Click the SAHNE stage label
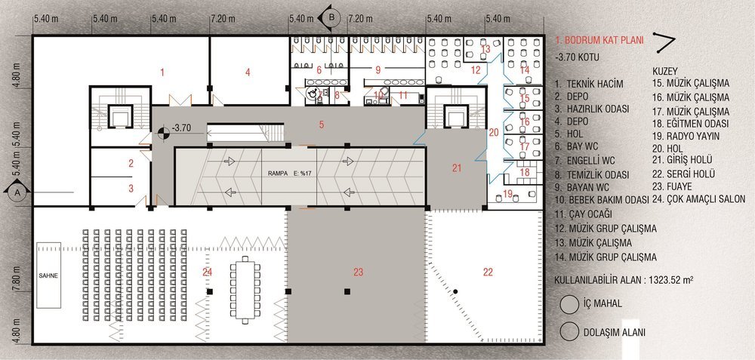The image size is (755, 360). tap(48, 275)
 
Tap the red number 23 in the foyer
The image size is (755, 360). tap(358, 272)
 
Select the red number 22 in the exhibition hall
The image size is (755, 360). tap(488, 272)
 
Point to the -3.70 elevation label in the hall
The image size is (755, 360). tap(182, 128)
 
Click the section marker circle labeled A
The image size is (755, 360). tap(18, 192)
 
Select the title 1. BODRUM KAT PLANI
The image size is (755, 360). tap(599, 41)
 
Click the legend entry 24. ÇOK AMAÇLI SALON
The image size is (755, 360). tap(698, 198)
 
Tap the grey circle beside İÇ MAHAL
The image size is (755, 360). tap(569, 303)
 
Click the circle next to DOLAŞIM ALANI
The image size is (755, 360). tap(569, 331)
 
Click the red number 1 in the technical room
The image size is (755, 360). tap(162, 72)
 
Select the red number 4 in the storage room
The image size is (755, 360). tap(248, 72)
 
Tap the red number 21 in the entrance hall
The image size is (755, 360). tap(457, 168)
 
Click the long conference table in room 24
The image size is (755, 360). tap(245, 290)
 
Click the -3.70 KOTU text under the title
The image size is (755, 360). tap(577, 57)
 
